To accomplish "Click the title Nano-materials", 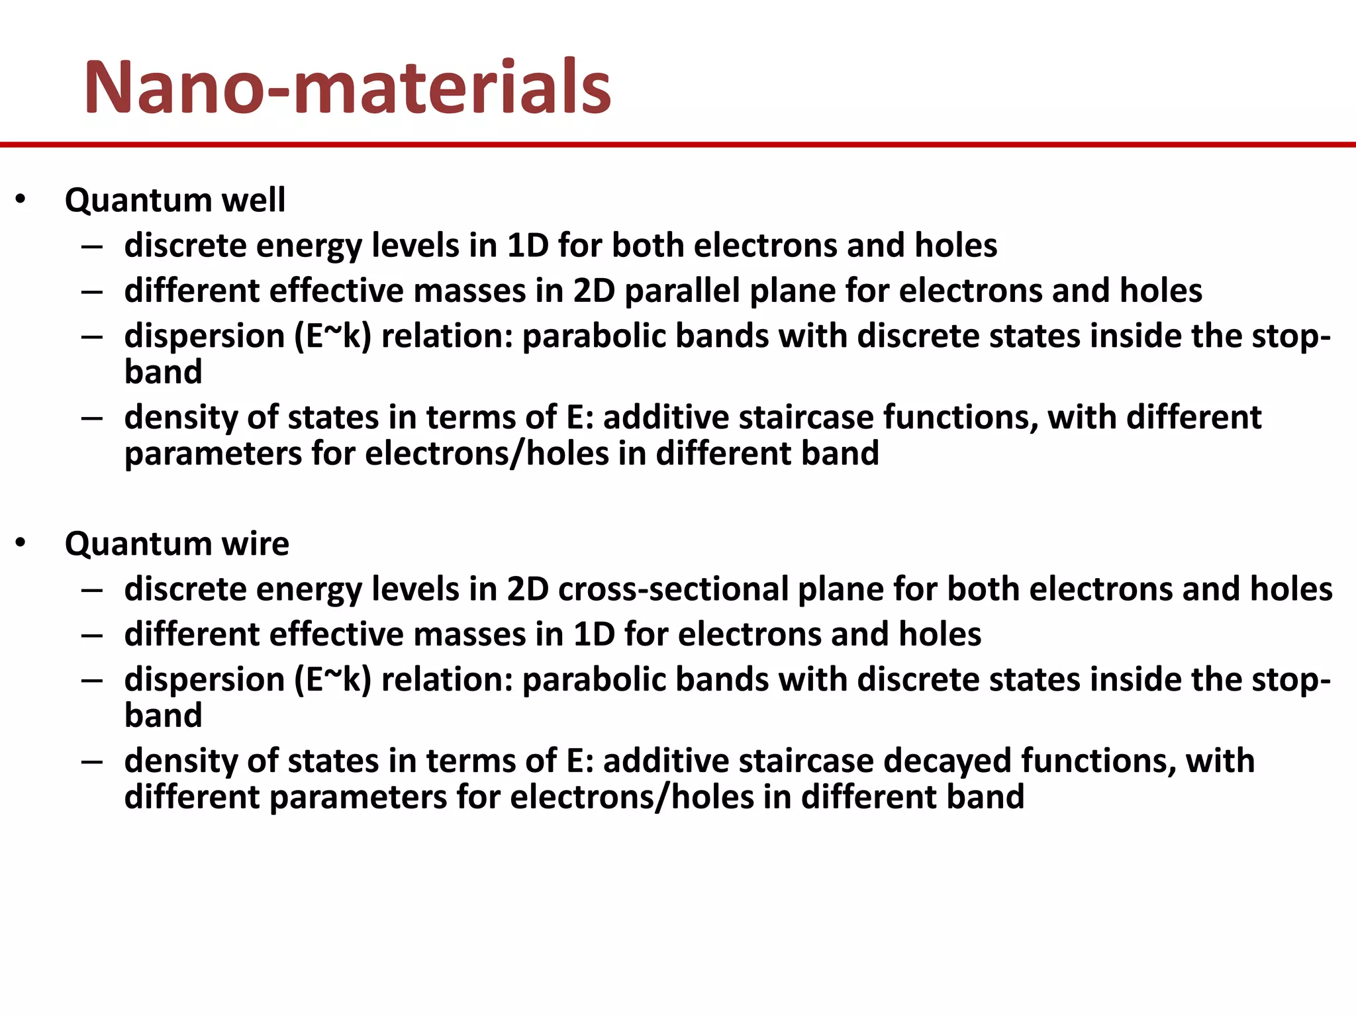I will [347, 87].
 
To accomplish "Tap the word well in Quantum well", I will [254, 200].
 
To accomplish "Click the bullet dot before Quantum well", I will [21, 199].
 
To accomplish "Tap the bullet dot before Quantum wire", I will [21, 543].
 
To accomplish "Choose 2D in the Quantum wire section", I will [528, 589].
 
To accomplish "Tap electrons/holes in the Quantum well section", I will [487, 454].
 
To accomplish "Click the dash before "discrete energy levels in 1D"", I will [92, 247].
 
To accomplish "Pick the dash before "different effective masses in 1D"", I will [92, 636].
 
